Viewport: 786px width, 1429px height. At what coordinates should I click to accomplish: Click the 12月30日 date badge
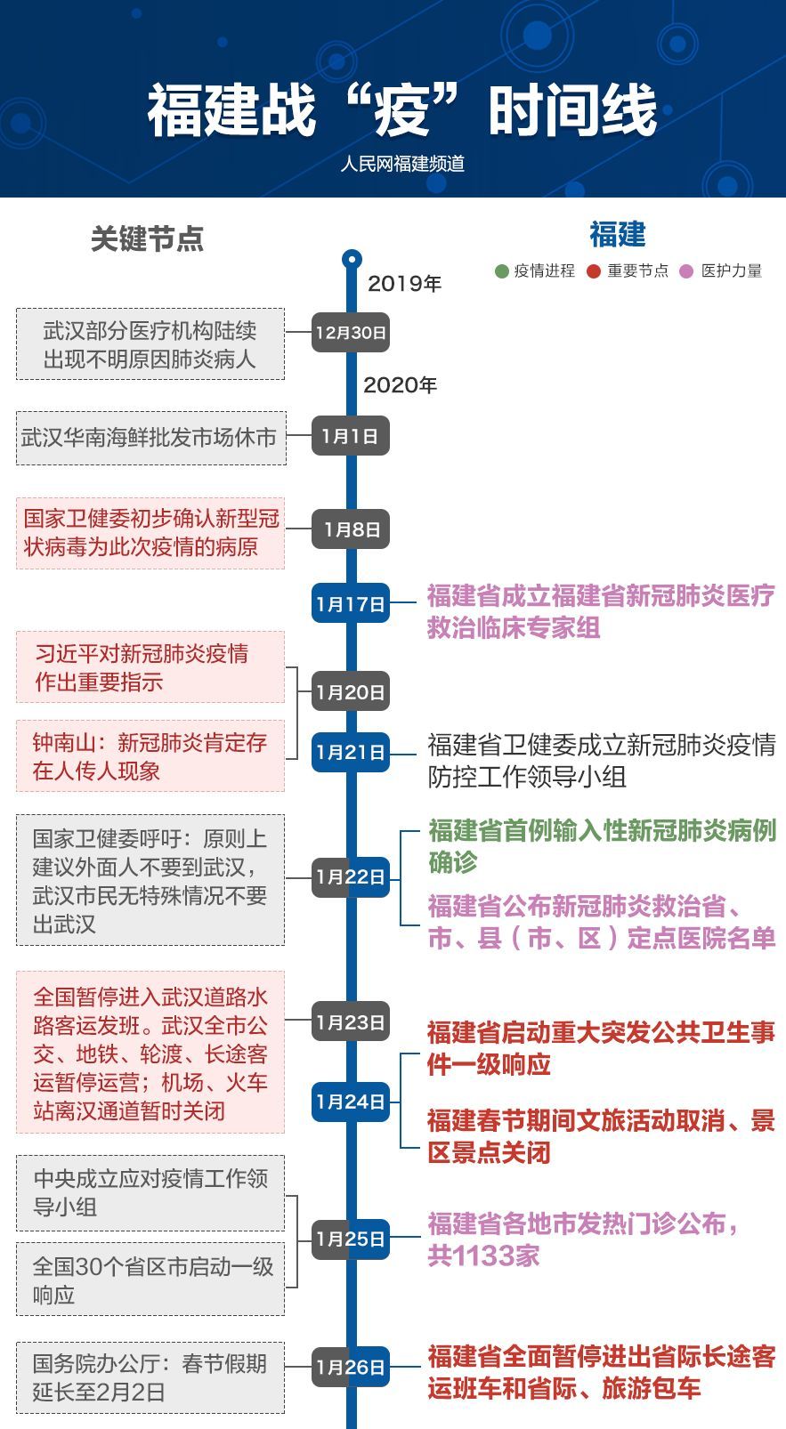(x=351, y=333)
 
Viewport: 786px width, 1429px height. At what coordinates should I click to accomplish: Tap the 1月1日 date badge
(x=351, y=436)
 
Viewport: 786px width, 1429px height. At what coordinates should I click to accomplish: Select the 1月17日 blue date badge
(x=351, y=604)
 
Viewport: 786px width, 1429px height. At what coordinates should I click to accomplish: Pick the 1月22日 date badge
(x=351, y=877)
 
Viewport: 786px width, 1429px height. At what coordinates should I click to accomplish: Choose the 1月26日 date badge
(x=351, y=1367)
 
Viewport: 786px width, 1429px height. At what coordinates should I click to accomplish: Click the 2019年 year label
(x=404, y=284)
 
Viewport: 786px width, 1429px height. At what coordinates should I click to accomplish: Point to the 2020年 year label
(x=401, y=385)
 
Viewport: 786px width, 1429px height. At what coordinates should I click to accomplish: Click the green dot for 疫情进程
(x=502, y=271)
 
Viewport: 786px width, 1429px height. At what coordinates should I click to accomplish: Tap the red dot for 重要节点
(x=595, y=271)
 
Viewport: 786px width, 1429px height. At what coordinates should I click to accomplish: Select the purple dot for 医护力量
(x=686, y=271)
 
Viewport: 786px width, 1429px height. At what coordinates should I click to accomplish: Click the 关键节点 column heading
(x=148, y=238)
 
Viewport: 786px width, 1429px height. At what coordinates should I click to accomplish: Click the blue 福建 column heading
(x=617, y=235)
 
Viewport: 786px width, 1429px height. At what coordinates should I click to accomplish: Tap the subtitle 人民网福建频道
(x=402, y=164)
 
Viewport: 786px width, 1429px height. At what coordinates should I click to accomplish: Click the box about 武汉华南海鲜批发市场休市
(x=150, y=438)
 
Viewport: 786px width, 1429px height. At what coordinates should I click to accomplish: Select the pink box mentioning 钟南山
(x=150, y=756)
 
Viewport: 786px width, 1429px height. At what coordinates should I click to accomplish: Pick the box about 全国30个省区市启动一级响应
(x=150, y=1280)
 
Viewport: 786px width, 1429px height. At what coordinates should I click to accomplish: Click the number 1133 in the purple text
(x=485, y=1256)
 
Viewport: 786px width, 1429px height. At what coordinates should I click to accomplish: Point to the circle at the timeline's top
(x=352, y=260)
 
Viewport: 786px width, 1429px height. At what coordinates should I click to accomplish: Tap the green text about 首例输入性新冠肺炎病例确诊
(x=602, y=845)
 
